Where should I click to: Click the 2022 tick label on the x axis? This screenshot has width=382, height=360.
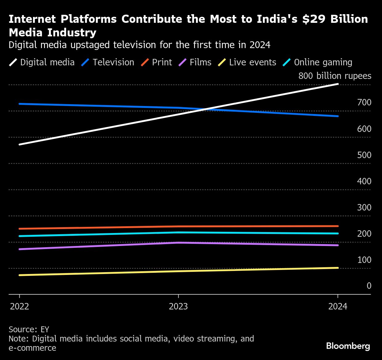pyautogui.click(x=19, y=306)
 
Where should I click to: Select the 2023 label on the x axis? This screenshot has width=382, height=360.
pyautogui.click(x=178, y=306)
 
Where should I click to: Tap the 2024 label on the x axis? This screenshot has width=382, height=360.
pyautogui.click(x=338, y=306)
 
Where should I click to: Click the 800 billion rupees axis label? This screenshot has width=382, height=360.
pyautogui.click(x=335, y=76)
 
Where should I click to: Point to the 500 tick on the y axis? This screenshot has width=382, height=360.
pyautogui.click(x=364, y=155)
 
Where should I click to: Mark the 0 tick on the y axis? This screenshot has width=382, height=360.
pyautogui.click(x=369, y=286)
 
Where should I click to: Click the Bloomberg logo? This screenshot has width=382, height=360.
pyautogui.click(x=348, y=346)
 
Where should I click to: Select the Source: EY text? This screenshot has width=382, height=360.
pyautogui.click(x=29, y=329)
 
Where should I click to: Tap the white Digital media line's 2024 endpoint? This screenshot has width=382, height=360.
pyautogui.click(x=338, y=84)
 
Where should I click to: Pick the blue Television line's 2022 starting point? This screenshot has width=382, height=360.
pyautogui.click(x=19, y=104)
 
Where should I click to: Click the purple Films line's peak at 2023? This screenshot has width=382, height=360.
pyautogui.click(x=178, y=243)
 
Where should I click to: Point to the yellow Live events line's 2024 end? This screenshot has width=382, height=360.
pyautogui.click(x=338, y=268)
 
